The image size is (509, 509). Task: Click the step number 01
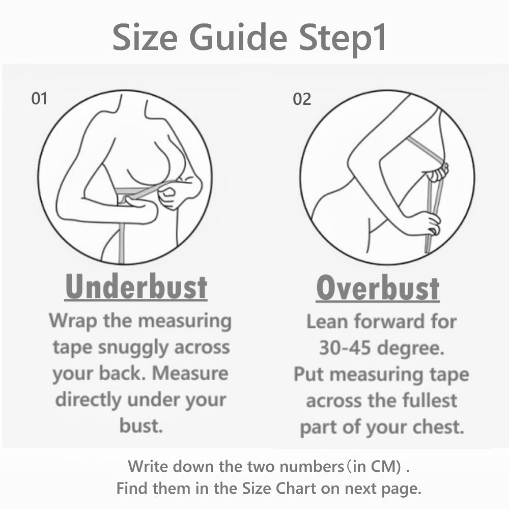39,98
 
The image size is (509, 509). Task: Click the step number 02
302,99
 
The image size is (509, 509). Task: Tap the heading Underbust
136,287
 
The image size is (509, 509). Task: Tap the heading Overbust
378,288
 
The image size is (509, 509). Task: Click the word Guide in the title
238,37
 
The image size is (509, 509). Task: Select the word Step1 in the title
343,40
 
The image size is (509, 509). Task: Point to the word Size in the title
145,37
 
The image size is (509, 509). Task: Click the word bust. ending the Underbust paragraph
141,426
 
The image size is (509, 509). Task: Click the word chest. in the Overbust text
438,427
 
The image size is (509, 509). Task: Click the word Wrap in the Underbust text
73,322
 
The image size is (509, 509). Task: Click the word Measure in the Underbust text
190,373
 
